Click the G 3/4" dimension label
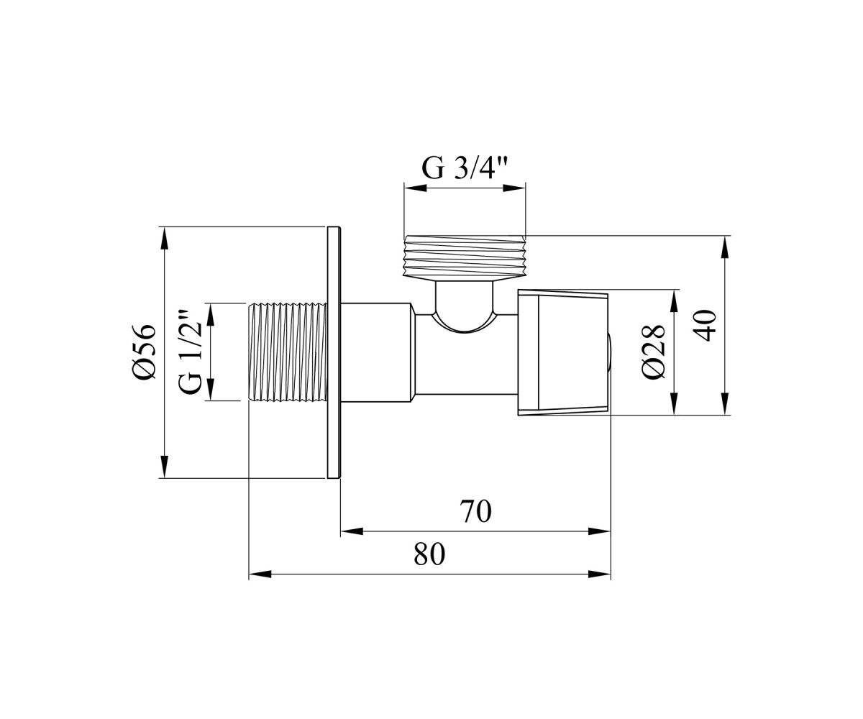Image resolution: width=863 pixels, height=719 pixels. click(464, 168)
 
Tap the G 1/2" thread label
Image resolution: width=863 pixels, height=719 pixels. click(190, 352)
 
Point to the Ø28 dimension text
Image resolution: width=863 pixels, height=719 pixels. click(654, 352)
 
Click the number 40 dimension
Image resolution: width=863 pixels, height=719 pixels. click(704, 325)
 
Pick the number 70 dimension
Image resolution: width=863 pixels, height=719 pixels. click(475, 511)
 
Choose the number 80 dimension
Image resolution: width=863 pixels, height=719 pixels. click(429, 554)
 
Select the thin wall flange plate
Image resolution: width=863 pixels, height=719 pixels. click(334, 352)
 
